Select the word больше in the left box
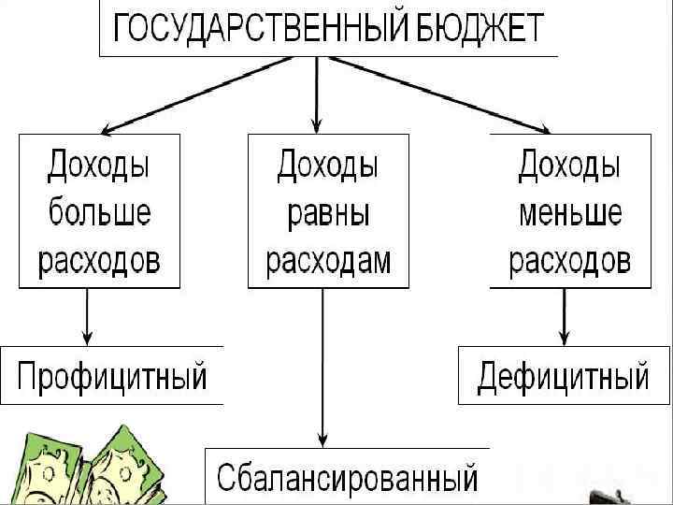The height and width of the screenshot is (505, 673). coord(98,213)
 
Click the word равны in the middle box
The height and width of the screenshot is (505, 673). coord(327,213)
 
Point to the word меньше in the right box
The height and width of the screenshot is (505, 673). coord(569,213)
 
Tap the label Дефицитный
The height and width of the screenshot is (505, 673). coord(564,377)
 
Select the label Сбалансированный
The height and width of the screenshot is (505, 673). coord(348,477)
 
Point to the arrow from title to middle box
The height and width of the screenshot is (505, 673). coord(318,94)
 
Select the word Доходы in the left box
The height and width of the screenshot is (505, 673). coord(98,166)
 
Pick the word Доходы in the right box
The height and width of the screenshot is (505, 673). coord(569,166)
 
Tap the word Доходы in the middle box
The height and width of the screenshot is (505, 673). coord(327,166)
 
